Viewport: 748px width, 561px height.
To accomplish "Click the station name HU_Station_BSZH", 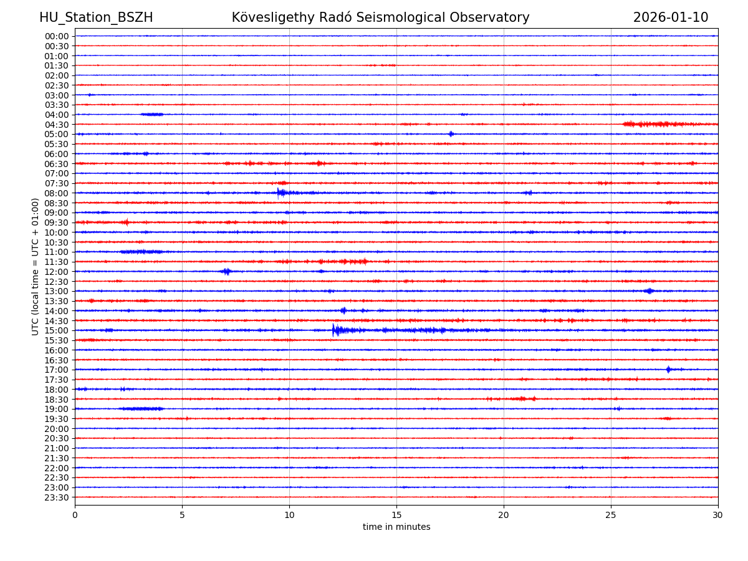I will pyautogui.click(x=96, y=18).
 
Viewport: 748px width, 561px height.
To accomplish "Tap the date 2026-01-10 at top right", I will pyautogui.click(x=671, y=18).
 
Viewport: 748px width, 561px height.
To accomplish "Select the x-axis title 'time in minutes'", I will pyautogui.click(x=396, y=527).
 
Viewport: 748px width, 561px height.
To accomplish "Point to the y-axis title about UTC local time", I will pyautogui.click(x=36, y=266).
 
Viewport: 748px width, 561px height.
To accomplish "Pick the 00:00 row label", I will pyautogui.click(x=57, y=36).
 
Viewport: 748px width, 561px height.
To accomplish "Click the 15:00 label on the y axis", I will pyautogui.click(x=57, y=330).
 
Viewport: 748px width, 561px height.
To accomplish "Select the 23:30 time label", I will pyautogui.click(x=57, y=497).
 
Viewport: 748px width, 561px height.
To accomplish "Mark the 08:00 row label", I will pyautogui.click(x=57, y=193).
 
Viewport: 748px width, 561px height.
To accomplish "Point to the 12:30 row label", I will pyautogui.click(x=57, y=282).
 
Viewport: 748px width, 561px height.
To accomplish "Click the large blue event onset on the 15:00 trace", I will pyautogui.click(x=334, y=330).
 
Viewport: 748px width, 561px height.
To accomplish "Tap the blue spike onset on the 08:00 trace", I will pyautogui.click(x=279, y=193).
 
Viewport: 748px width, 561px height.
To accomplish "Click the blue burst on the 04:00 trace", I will pyautogui.click(x=152, y=114).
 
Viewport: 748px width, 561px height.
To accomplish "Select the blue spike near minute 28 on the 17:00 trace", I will pyautogui.click(x=668, y=370).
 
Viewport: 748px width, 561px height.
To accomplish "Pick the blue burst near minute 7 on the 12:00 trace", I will pyautogui.click(x=226, y=271).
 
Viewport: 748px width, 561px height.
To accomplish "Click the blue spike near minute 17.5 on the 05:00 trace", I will pyautogui.click(x=451, y=134).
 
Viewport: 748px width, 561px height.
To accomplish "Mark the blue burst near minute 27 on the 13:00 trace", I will pyautogui.click(x=649, y=291).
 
